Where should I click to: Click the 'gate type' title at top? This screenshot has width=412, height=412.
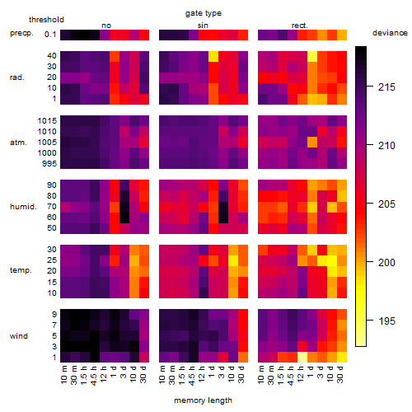(204, 13)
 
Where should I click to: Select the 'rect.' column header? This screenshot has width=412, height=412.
(300, 26)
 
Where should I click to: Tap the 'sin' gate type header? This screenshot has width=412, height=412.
(203, 26)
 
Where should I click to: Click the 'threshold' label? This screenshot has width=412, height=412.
(46, 20)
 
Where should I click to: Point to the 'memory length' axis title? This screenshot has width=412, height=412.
(204, 400)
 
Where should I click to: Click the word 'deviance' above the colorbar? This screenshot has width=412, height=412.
(390, 33)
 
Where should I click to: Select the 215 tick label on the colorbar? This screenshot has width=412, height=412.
(386, 87)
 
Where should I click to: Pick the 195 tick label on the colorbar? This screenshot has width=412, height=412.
(386, 321)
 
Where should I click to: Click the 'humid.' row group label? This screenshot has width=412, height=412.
(23, 207)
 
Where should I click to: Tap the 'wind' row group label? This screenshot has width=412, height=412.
(19, 336)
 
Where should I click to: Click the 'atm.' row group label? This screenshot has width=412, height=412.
(18, 143)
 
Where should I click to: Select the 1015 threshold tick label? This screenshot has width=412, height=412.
(47, 121)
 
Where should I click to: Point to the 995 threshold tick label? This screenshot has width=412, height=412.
(49, 164)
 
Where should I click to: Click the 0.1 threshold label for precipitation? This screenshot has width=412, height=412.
(50, 35)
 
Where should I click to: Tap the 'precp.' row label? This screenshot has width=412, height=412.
(21, 33)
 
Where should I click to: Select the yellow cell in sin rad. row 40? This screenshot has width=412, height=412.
(213, 56)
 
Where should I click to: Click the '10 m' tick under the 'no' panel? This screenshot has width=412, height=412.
(64, 375)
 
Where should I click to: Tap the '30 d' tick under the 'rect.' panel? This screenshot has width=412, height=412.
(340, 375)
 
